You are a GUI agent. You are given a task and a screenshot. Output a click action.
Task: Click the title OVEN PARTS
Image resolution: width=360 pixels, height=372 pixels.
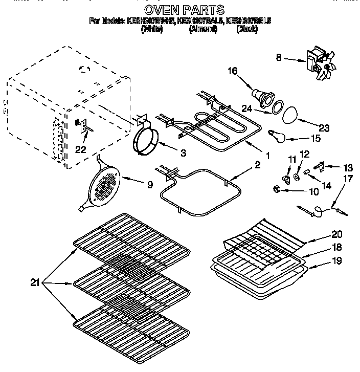pos(185,10)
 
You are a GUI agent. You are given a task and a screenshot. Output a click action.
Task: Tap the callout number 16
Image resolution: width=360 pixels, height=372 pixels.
pos(233,71)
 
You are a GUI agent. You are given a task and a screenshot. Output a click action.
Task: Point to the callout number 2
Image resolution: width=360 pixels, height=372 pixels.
pos(258,165)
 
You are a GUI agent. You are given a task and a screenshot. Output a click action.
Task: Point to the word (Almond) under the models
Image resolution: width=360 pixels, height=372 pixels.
pos(203,29)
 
